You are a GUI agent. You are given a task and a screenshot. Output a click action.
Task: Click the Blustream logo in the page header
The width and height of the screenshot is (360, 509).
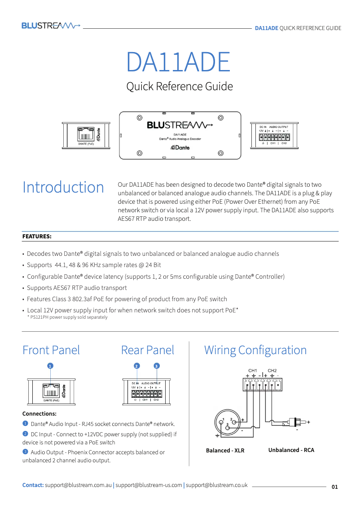pos(51,26)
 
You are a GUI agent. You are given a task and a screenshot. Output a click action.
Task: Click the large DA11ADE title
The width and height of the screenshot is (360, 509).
pos(178,62)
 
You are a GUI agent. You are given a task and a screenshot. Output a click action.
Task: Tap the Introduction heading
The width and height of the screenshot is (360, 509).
pos(63,187)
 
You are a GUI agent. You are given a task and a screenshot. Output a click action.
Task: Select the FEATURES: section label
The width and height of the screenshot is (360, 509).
pos(37,236)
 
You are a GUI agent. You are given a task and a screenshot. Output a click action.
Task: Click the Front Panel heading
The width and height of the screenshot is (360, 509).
pos(51,350)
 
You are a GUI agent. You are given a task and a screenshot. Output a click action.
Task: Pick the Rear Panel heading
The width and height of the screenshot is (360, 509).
pos(148,350)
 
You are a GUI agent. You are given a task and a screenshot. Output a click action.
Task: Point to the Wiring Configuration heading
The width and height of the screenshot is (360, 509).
pos(255,350)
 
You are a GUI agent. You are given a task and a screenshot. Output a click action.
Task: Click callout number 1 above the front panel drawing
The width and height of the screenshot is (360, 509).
pos(51,366)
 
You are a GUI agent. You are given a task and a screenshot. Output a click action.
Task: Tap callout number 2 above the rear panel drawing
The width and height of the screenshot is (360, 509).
pos(136,366)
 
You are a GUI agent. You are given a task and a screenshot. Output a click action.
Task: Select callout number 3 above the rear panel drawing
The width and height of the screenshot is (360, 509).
pos(156,366)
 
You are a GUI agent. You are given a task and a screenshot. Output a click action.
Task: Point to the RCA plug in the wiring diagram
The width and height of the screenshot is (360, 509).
pos(298,422)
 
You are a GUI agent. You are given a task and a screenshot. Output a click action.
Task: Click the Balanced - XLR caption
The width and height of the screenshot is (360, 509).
pos(225,450)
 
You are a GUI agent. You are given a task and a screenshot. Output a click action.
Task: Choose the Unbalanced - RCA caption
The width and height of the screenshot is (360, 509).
pos(291,450)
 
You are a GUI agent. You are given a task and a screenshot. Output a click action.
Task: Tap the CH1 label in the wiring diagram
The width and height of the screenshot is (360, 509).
pos(253,370)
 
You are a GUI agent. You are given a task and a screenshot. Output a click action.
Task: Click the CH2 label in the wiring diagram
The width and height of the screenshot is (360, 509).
pos(272,370)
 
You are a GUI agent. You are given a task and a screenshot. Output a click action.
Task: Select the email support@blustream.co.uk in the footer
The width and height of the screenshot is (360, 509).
pos(217,485)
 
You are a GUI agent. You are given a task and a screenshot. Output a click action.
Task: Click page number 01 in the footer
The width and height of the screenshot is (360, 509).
pos(335,487)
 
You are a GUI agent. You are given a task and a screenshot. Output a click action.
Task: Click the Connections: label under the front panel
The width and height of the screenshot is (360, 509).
pos(40,413)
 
